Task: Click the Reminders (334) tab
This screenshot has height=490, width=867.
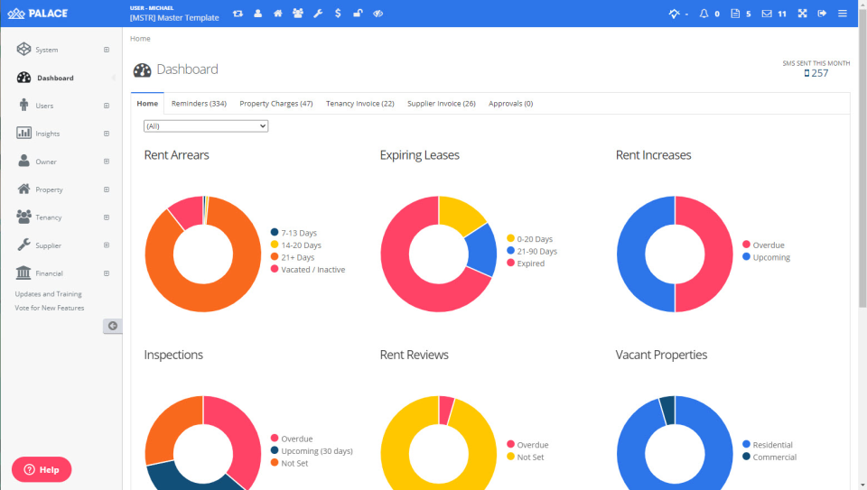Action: tap(199, 104)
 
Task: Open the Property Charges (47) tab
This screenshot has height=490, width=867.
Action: tap(275, 104)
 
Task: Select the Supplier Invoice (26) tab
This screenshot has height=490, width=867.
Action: tap(441, 104)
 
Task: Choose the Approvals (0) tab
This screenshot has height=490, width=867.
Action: tap(510, 104)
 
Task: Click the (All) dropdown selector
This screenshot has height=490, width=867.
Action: tap(206, 126)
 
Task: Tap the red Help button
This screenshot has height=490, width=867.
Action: tap(42, 469)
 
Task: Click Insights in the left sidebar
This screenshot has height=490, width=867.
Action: tap(48, 134)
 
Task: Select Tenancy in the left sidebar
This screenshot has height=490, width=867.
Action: tap(48, 217)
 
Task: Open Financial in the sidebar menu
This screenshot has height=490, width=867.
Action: tap(50, 273)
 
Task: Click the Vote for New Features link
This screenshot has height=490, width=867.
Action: tap(50, 308)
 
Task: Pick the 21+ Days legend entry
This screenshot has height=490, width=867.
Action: tap(297, 257)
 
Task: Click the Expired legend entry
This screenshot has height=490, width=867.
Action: tap(530, 263)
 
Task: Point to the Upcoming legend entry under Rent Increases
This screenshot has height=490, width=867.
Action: tap(770, 257)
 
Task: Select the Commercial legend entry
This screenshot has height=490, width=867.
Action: tap(774, 458)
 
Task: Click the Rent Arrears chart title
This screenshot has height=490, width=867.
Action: tap(176, 155)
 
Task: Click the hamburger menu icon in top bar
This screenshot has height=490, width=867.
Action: tap(842, 14)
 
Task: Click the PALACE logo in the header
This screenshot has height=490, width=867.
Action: tap(38, 14)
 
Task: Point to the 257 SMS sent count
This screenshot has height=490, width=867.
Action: tap(818, 73)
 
